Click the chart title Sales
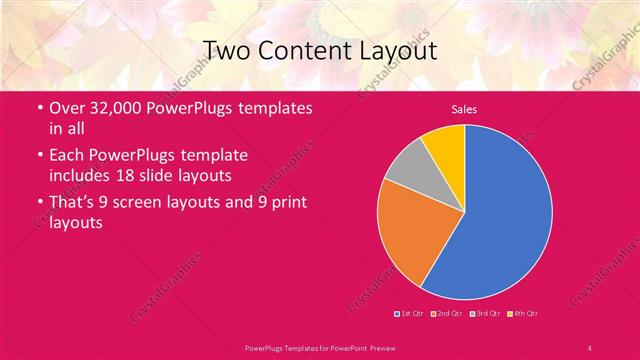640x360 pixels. tap(464, 108)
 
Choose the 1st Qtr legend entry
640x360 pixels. tap(409, 313)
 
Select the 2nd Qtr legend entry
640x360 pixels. tap(446, 313)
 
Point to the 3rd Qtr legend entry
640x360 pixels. tap(486, 313)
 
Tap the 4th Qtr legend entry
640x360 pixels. tap(524, 313)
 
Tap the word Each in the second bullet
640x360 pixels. tap(68, 157)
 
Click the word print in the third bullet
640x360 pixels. tap(289, 204)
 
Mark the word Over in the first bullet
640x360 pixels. tap(67, 109)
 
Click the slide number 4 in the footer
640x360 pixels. tap(590, 347)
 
